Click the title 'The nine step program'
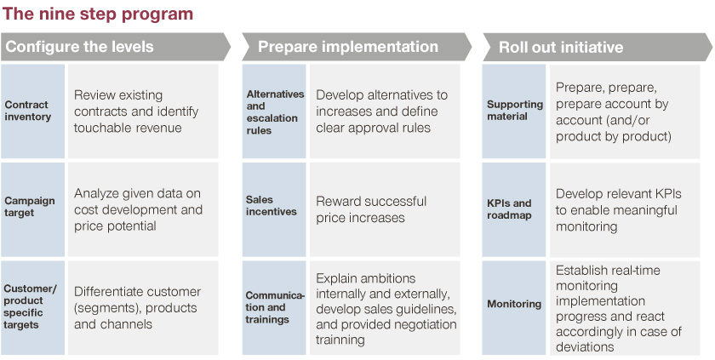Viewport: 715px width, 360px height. coord(98,14)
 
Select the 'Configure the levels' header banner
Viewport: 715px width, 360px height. coord(116,47)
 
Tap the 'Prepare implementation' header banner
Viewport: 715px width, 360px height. coord(357,47)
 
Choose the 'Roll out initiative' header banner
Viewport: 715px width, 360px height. coord(598,47)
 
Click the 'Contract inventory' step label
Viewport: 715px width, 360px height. coord(28,111)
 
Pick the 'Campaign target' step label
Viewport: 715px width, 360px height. coord(30,207)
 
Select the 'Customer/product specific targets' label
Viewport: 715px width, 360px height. coord(31,306)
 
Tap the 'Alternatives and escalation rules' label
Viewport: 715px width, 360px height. coord(276,112)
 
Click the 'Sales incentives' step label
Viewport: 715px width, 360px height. coord(272,205)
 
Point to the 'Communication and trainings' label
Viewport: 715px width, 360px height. coord(275,307)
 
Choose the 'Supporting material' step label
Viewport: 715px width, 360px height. coord(515,111)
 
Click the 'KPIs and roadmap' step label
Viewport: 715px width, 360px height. coord(509,209)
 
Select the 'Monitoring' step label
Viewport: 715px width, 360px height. coord(514,304)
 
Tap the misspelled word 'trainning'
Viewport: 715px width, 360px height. coord(340,340)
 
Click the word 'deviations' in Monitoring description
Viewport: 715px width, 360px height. coord(585,346)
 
